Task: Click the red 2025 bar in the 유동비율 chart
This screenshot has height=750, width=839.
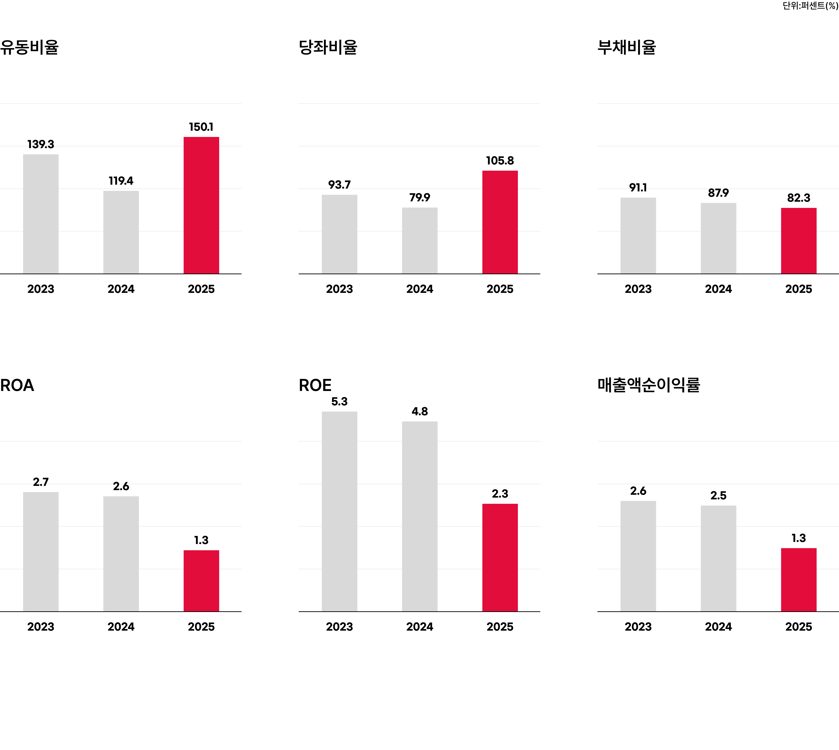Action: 201,205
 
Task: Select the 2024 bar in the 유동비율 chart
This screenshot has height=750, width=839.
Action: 121,232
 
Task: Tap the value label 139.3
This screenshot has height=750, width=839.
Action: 40,144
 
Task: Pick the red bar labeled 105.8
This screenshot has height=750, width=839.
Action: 500,222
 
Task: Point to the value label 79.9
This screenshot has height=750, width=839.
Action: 419,197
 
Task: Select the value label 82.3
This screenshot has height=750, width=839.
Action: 799,198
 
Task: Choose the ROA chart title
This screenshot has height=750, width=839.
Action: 17,385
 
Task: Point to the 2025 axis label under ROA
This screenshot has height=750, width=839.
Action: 201,627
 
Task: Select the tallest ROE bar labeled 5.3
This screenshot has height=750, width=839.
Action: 339,511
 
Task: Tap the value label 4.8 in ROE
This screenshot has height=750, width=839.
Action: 419,411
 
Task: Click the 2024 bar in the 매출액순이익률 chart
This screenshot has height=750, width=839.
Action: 718,558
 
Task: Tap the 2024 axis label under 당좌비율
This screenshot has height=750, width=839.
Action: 419,289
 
